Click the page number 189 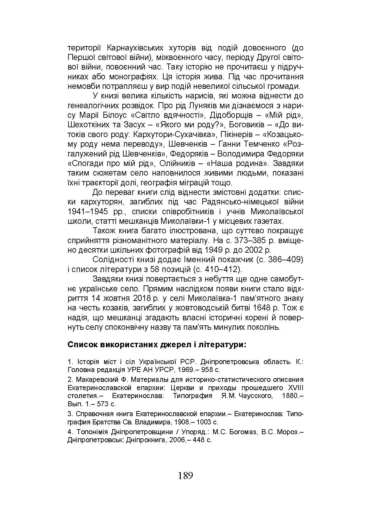(185, 475)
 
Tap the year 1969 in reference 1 (188, 370)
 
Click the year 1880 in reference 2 (290, 396)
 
